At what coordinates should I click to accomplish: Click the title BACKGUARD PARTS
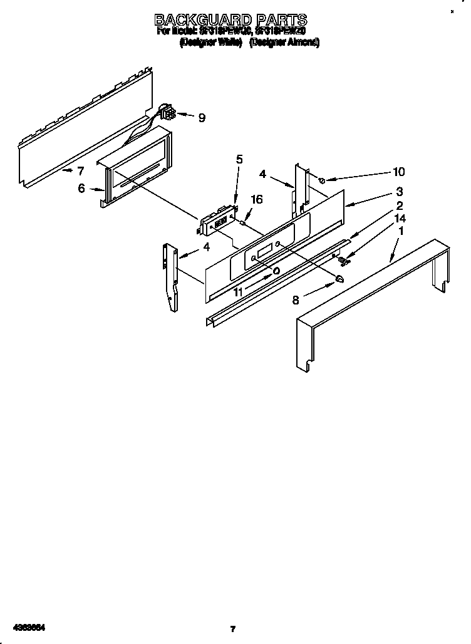[x=231, y=19]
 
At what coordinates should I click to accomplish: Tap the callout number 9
[x=201, y=117]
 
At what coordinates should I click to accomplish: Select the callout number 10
[x=398, y=172]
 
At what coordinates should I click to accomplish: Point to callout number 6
[x=82, y=188]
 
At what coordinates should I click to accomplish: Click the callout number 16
[x=256, y=199]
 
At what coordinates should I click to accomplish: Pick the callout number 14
[x=400, y=218]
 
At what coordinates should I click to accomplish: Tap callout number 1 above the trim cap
[x=400, y=231]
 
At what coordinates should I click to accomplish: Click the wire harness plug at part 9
[x=167, y=113]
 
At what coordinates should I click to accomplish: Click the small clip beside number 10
[x=321, y=180]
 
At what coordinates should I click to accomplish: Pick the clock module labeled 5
[x=216, y=221]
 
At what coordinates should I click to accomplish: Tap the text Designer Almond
[x=284, y=43]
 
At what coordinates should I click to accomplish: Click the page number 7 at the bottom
[x=232, y=628]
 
